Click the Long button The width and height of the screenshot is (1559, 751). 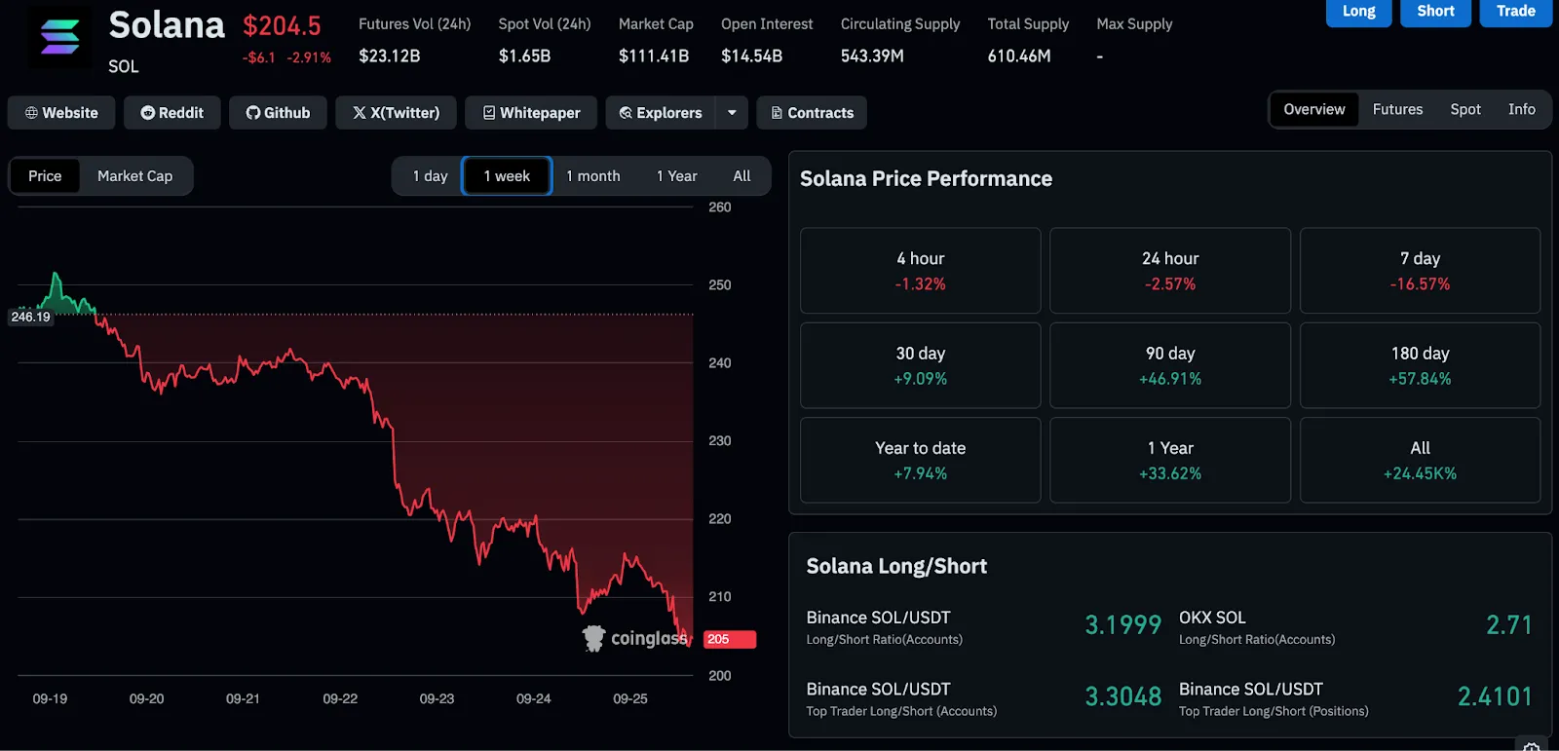(1358, 12)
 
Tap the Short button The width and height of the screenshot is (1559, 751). (1435, 12)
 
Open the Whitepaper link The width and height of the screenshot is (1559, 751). (531, 113)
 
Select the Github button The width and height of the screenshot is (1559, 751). (278, 113)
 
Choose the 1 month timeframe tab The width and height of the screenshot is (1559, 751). (593, 176)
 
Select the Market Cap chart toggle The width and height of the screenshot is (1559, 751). (135, 176)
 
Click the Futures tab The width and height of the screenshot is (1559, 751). (1397, 109)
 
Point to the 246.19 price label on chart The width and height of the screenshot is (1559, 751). (30, 317)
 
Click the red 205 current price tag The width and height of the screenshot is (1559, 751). (730, 639)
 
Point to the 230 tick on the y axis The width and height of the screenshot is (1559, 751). (720, 440)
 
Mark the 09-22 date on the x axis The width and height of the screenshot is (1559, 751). (340, 698)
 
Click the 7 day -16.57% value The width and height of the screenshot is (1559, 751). (1420, 284)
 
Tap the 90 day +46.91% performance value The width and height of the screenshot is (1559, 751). (1170, 379)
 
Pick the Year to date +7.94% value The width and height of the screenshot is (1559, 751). (920, 473)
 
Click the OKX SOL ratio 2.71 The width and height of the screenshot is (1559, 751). (1508, 625)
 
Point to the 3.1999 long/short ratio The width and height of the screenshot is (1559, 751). (1122, 625)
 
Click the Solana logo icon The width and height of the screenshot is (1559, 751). (59, 37)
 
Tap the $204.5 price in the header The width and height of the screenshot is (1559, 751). (282, 26)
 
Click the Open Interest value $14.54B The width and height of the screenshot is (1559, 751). (751, 56)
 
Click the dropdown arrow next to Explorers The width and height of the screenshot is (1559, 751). (732, 113)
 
